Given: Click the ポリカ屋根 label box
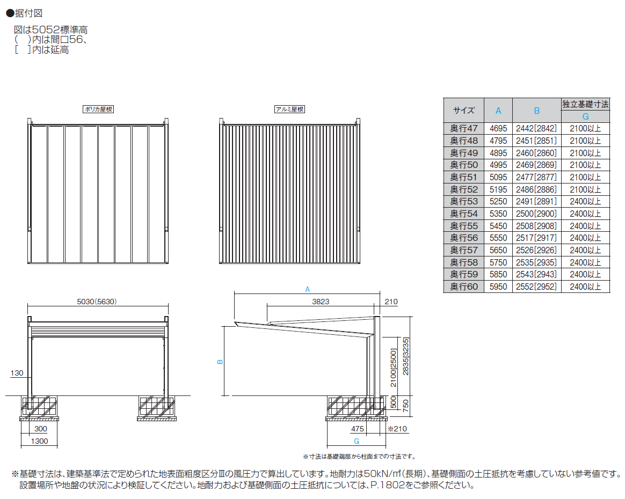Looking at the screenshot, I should (x=98, y=109).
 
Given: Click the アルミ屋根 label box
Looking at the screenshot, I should (x=289, y=109).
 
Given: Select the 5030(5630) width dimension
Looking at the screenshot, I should (x=97, y=302).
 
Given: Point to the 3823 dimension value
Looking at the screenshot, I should (x=321, y=302).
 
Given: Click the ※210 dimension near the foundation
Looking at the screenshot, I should (x=398, y=429).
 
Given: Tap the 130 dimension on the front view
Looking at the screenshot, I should (x=17, y=373).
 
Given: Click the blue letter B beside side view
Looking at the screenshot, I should (x=219, y=362).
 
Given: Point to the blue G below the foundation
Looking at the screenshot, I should (x=357, y=441).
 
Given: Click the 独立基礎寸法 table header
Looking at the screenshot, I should (x=585, y=104).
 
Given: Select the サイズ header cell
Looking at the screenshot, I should (x=464, y=111).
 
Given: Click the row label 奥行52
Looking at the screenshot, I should (x=464, y=189).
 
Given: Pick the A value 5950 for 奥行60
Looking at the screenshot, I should (x=498, y=287).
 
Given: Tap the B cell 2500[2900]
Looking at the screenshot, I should (x=536, y=214).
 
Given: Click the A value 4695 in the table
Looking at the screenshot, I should (x=498, y=129).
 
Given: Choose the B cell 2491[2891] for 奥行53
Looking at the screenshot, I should (x=536, y=202).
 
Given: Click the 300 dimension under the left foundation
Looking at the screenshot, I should (x=40, y=429).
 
